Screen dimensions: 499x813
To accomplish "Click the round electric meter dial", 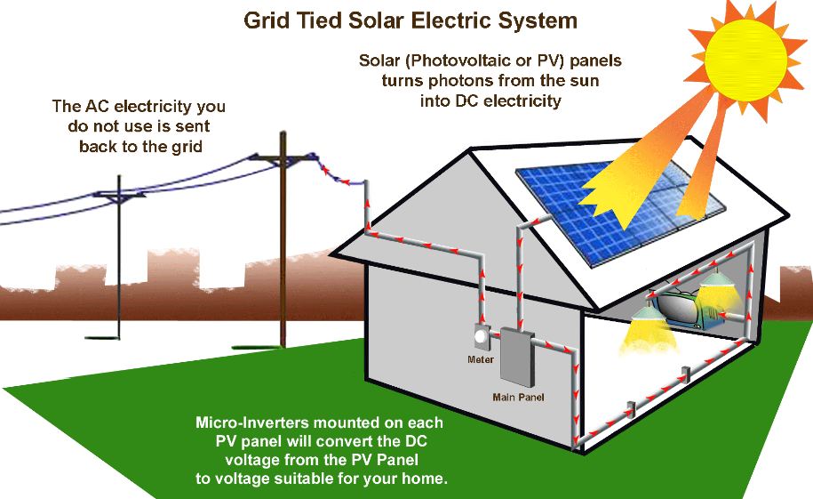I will click(481, 339).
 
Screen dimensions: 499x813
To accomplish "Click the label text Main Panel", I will click(519, 397).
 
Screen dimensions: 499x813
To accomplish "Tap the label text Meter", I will click(481, 360).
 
